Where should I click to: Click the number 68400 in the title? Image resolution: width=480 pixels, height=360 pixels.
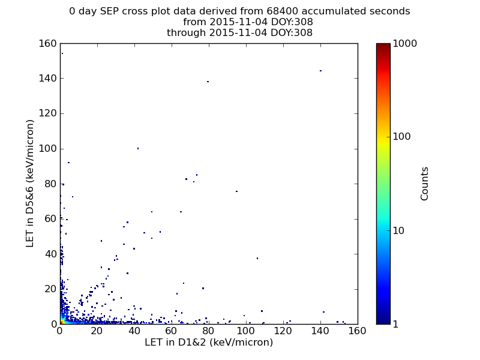pyautogui.click(x=282, y=11)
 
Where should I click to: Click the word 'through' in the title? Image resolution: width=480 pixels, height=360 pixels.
pyautogui.click(x=186, y=33)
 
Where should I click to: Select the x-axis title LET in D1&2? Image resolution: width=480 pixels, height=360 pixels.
pyautogui.click(x=209, y=342)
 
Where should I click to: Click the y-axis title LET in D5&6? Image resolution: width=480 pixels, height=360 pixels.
pyautogui.click(x=29, y=184)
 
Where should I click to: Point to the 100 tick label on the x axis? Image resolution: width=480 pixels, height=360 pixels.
pyautogui.click(x=246, y=331)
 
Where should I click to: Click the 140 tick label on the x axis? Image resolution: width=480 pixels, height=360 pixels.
pyautogui.click(x=320, y=331)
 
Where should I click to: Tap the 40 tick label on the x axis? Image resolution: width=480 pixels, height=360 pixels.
pyautogui.click(x=134, y=331)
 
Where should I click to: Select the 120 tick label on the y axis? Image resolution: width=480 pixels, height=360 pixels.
pyautogui.click(x=48, y=113)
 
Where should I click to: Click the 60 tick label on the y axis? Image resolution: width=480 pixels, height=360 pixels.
pyautogui.click(x=51, y=219)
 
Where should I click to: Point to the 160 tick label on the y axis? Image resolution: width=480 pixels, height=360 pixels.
pyautogui.click(x=48, y=43)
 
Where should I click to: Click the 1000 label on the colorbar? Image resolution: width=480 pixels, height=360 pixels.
pyautogui.click(x=404, y=43)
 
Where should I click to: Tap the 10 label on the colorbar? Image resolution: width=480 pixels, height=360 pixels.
pyautogui.click(x=398, y=230)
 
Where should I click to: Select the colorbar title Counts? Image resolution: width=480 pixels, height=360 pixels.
pyautogui.click(x=424, y=184)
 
